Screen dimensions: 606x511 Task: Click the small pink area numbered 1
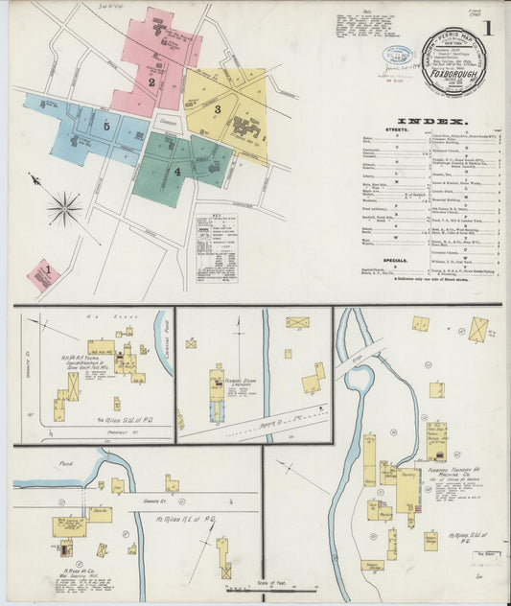[x=43, y=274]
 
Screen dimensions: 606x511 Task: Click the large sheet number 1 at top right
[x=489, y=28]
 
